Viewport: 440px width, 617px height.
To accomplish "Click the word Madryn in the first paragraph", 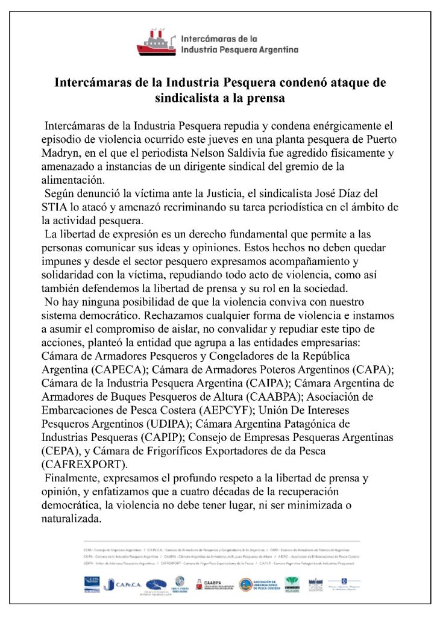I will [61, 153].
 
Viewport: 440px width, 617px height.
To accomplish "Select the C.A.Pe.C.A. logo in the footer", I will [124, 584].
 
